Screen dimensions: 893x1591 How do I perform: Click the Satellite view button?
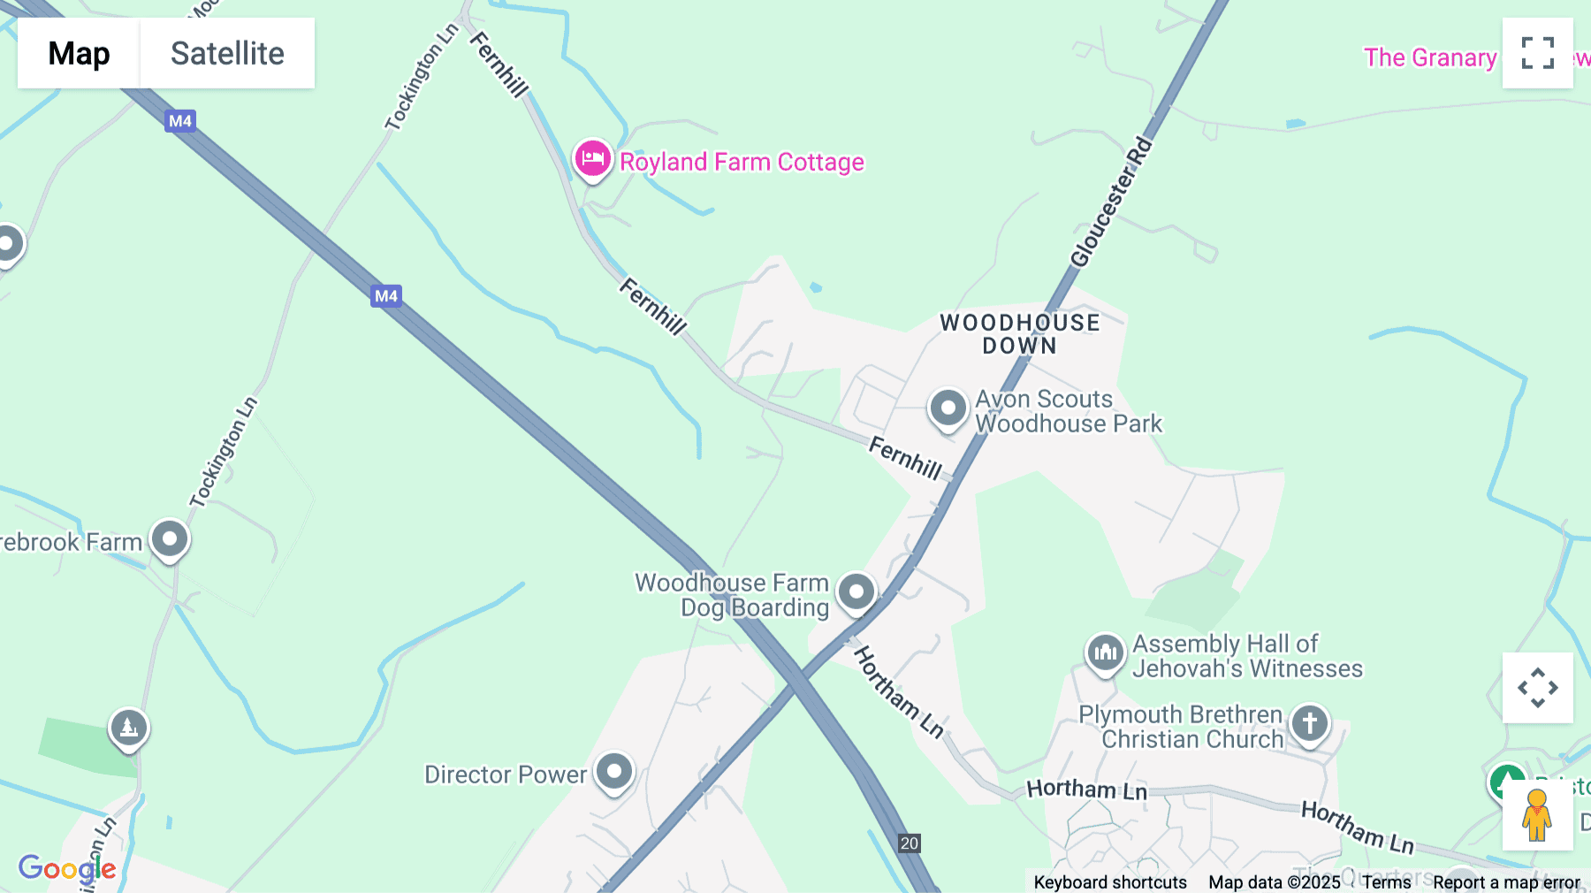tap(227, 53)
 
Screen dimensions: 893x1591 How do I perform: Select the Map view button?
tap(79, 53)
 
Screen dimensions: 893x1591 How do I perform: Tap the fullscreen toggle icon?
tap(1537, 53)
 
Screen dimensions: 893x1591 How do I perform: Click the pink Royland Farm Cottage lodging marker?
tap(592, 160)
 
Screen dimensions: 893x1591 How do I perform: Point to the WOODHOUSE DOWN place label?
tap(1019, 334)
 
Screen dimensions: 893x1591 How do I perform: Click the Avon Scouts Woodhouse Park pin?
tap(948, 409)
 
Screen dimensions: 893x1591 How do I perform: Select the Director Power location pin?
tap(613, 772)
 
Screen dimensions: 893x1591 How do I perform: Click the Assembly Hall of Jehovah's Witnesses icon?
tap(1105, 653)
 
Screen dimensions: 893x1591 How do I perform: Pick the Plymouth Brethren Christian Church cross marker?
tap(1309, 724)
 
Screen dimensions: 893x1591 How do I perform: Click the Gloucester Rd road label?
tap(1111, 202)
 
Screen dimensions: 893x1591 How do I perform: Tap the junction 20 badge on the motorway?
tap(909, 843)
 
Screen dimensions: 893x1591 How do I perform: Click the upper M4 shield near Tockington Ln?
tap(180, 121)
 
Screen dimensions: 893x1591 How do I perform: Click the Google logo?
tap(67, 868)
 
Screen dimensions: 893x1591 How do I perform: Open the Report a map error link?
tap(1506, 882)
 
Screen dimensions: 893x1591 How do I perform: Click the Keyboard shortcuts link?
tap(1110, 882)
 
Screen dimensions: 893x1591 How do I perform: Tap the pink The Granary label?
tap(1429, 57)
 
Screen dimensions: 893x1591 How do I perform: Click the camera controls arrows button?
tap(1537, 688)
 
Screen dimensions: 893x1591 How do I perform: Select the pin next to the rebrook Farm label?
tap(169, 538)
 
